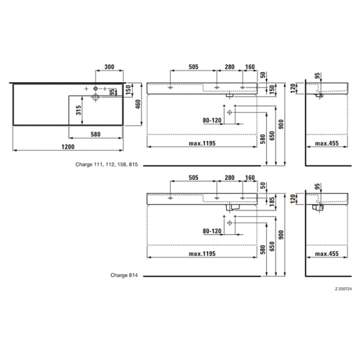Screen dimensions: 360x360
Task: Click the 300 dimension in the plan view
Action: (109, 67)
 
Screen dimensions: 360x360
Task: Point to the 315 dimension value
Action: (79, 110)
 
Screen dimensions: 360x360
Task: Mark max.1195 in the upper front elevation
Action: (202, 145)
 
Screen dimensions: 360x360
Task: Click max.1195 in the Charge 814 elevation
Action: (202, 255)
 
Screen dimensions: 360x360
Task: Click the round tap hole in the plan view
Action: (95, 89)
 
